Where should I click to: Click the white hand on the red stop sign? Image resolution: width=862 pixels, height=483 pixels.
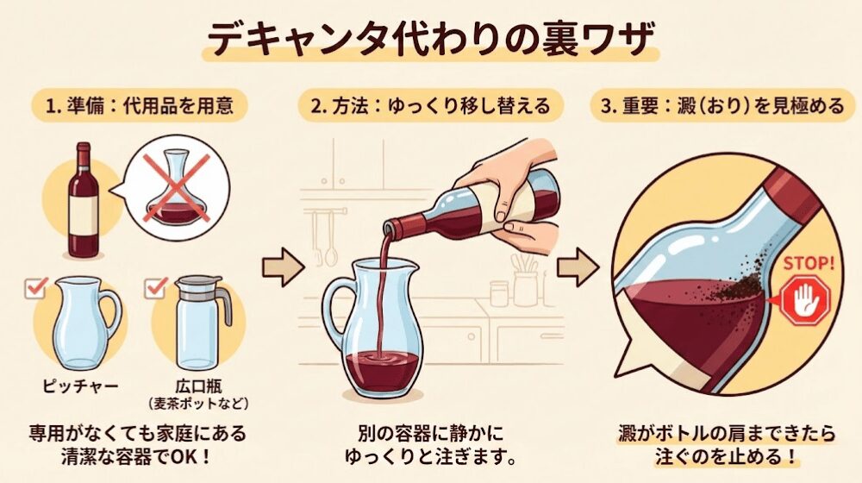804,300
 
